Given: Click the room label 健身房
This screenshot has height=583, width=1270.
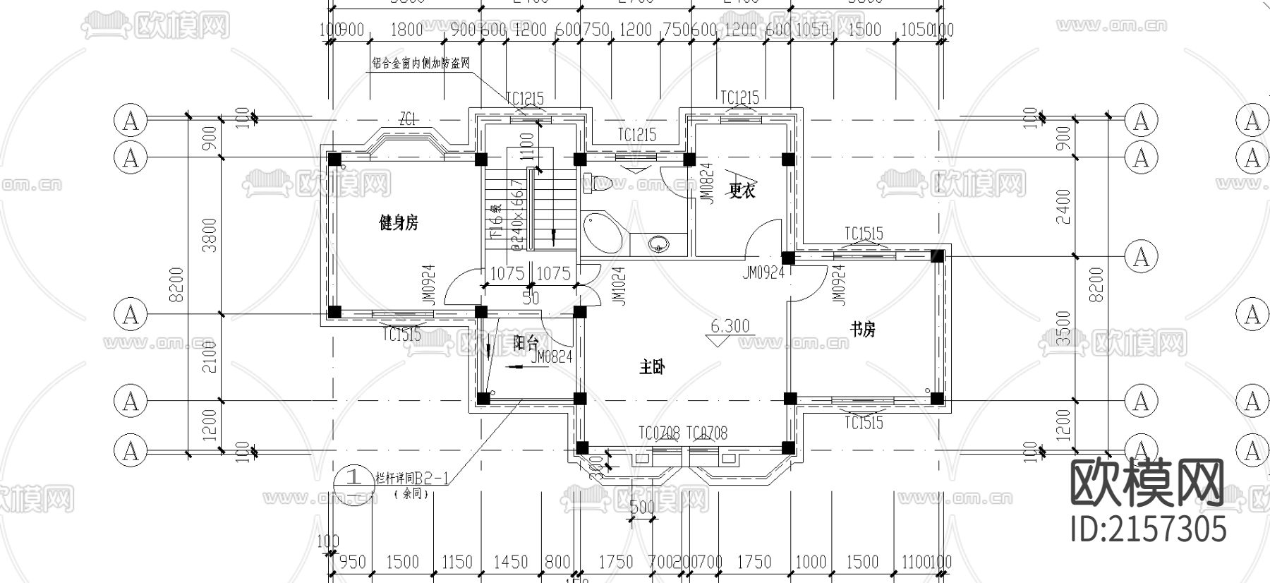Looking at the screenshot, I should click(x=399, y=224).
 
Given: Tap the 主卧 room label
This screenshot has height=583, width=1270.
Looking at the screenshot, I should click(x=652, y=367).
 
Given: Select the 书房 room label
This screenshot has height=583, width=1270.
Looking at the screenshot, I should click(x=862, y=329).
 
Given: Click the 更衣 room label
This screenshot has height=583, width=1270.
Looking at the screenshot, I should click(x=742, y=190).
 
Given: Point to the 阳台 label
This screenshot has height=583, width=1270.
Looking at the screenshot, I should click(x=526, y=344).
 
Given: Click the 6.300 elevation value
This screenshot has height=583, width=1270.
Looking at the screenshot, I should click(x=730, y=326).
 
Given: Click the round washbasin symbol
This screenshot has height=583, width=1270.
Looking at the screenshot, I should click(x=659, y=244).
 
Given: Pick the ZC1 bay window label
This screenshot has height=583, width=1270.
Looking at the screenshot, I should click(x=409, y=121).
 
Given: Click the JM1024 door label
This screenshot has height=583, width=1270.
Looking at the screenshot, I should click(x=619, y=286).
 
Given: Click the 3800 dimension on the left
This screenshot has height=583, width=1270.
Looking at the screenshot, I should click(x=210, y=235).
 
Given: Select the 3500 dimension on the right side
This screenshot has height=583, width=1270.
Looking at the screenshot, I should click(x=1063, y=328).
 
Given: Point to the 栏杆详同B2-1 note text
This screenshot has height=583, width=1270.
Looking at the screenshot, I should click(x=412, y=478).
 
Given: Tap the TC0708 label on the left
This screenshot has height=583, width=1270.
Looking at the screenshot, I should click(x=659, y=433).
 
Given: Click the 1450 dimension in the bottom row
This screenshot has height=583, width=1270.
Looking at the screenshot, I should click(x=510, y=562).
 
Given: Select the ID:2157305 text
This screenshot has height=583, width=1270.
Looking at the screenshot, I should click(x=1149, y=528).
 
